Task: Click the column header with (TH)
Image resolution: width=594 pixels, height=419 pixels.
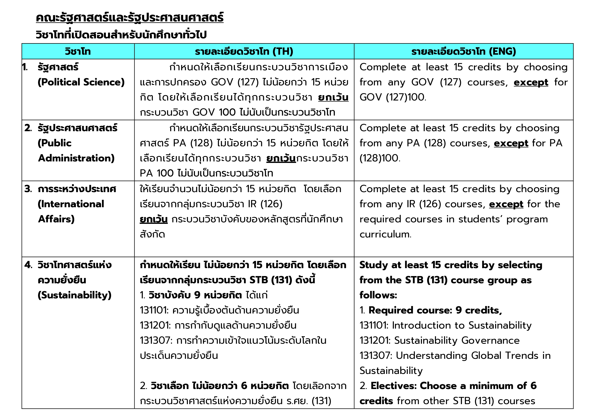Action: click(x=244, y=52)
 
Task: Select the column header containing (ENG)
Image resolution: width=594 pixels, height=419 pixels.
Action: click(x=463, y=52)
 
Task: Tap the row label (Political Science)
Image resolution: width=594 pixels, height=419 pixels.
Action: click(x=81, y=82)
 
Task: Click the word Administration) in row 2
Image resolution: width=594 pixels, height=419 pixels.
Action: click(x=76, y=158)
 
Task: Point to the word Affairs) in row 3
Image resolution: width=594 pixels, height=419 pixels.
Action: click(x=57, y=219)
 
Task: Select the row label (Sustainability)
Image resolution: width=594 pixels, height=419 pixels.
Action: click(x=74, y=295)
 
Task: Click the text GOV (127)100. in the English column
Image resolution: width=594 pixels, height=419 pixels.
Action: click(x=392, y=97)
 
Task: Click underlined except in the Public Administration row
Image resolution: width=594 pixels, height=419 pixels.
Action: click(x=511, y=143)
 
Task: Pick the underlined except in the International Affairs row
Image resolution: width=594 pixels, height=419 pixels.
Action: click(x=506, y=204)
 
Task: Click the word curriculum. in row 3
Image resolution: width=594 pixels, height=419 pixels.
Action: click(x=385, y=234)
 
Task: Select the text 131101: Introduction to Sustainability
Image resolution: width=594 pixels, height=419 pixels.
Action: click(x=445, y=325)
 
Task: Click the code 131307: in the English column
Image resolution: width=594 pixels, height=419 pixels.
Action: click(x=376, y=355)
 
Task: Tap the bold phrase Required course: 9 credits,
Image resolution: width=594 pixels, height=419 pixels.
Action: click(x=435, y=310)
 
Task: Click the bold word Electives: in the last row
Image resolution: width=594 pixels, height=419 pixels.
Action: click(x=393, y=386)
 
